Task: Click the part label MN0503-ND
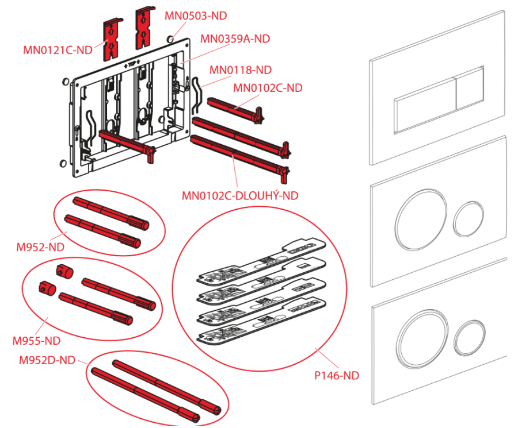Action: (x=196, y=16)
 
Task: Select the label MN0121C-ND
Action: (x=58, y=50)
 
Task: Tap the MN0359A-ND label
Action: (x=235, y=39)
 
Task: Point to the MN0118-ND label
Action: (x=241, y=70)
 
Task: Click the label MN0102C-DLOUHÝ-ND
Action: (x=240, y=195)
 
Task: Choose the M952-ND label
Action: (x=40, y=247)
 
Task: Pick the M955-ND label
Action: (x=36, y=341)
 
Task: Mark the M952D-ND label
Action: (x=47, y=360)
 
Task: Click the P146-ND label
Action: (x=337, y=376)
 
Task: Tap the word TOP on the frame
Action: (x=132, y=64)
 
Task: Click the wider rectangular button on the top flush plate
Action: (x=425, y=106)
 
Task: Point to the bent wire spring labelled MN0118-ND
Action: (x=198, y=95)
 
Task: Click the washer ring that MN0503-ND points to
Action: (x=171, y=39)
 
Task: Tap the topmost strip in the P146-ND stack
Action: (x=261, y=260)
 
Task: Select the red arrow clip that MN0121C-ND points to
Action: (x=113, y=40)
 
